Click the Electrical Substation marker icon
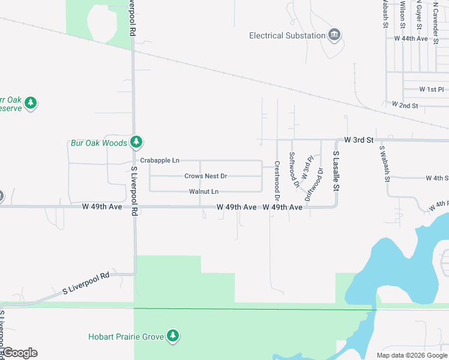pos(334,35)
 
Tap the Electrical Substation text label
pos(287,35)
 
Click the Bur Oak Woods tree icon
pos(137,142)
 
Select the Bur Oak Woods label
pos(99,143)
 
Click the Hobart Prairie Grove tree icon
pos(173,336)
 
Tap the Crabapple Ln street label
pos(159,161)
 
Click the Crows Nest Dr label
pos(205,176)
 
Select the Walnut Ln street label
pos(203,191)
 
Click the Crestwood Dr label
pos(277,181)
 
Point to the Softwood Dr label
pos(293,170)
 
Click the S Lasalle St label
pos(337,171)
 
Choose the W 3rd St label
pos(359,140)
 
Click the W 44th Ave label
pos(411,38)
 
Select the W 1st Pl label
pos(431,89)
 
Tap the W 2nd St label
pos(405,105)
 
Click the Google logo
pos(20,353)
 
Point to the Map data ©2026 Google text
pos(411,355)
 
